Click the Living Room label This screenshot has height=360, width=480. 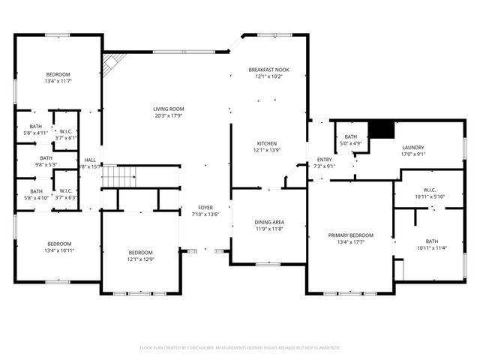[169, 109]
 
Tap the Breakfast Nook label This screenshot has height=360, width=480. [268, 70]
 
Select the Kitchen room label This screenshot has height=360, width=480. [268, 143]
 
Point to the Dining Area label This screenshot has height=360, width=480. [268, 222]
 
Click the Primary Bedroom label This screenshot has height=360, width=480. [350, 235]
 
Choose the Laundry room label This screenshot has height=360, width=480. [413, 148]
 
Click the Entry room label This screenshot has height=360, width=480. [324, 159]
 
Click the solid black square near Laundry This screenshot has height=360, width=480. [384, 130]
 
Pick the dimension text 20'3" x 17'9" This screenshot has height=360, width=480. [169, 116]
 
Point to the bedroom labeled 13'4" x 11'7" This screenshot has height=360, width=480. [58, 78]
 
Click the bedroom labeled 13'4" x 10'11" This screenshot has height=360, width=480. [59, 247]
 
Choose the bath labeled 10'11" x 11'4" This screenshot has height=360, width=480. [431, 244]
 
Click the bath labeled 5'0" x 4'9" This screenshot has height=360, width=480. [351, 139]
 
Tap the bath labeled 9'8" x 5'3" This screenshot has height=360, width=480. [46, 161]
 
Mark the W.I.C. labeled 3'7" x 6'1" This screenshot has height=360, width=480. [67, 134]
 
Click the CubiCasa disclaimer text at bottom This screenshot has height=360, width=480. [240, 348]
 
